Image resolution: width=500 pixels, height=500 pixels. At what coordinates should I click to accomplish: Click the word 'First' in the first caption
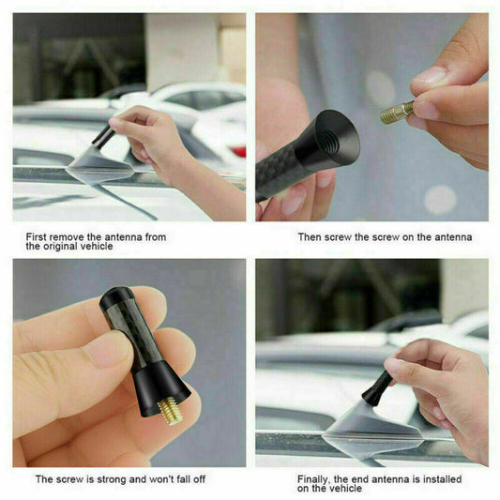coord(36,237)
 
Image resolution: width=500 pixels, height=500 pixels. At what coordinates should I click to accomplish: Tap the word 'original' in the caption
coord(61,246)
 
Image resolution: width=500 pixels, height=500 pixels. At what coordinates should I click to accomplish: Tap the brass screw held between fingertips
coord(398,113)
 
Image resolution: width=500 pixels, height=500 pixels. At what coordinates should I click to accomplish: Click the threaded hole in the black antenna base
coord(329,140)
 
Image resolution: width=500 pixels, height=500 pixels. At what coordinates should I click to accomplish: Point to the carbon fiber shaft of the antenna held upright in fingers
coord(134,333)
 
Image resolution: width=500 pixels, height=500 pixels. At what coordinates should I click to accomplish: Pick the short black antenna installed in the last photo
coord(377,388)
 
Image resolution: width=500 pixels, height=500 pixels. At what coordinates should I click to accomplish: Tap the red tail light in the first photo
coord(237,151)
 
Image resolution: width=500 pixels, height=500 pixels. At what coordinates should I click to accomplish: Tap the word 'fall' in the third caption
coord(176,479)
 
